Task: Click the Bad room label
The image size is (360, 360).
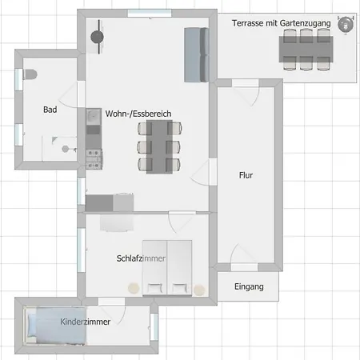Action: click(50, 110)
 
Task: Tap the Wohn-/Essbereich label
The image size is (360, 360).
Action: click(138, 114)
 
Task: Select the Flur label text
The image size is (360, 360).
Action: click(246, 175)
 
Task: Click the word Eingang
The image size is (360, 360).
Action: click(249, 286)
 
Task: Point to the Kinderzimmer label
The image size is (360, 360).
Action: click(86, 322)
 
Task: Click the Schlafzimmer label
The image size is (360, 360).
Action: click(141, 258)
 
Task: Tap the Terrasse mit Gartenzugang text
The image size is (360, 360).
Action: click(282, 23)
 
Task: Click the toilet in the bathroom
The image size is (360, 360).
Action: click(30, 74)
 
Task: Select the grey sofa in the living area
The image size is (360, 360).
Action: click(197, 54)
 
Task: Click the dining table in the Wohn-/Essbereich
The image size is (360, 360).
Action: click(159, 147)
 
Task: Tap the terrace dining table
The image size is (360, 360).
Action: click(306, 50)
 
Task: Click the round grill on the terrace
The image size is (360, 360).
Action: click(346, 25)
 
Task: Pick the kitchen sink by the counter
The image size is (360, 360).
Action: click(94, 116)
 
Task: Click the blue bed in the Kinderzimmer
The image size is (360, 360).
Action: click(55, 326)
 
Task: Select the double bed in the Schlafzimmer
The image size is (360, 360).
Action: click(167, 268)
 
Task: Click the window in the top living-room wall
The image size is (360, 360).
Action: click(150, 13)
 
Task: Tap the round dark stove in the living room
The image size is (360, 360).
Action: click(97, 37)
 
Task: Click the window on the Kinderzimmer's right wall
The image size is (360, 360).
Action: click(154, 326)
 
